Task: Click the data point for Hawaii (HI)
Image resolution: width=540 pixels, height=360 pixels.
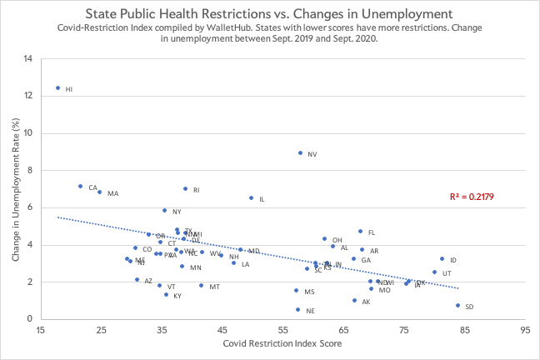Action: point(58,87)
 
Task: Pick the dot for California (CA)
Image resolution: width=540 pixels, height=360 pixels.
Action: point(80,186)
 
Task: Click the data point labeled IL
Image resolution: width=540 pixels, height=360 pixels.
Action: point(251,197)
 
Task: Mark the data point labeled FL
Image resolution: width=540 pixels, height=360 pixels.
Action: point(360,231)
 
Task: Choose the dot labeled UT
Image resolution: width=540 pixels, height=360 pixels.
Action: point(434,272)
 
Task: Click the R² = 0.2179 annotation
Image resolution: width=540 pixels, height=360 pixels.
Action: point(472,197)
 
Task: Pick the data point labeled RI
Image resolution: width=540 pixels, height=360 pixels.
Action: point(185,188)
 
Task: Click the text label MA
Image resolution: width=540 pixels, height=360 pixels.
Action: point(112,193)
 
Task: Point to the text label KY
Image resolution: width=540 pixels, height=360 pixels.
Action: point(177,296)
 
